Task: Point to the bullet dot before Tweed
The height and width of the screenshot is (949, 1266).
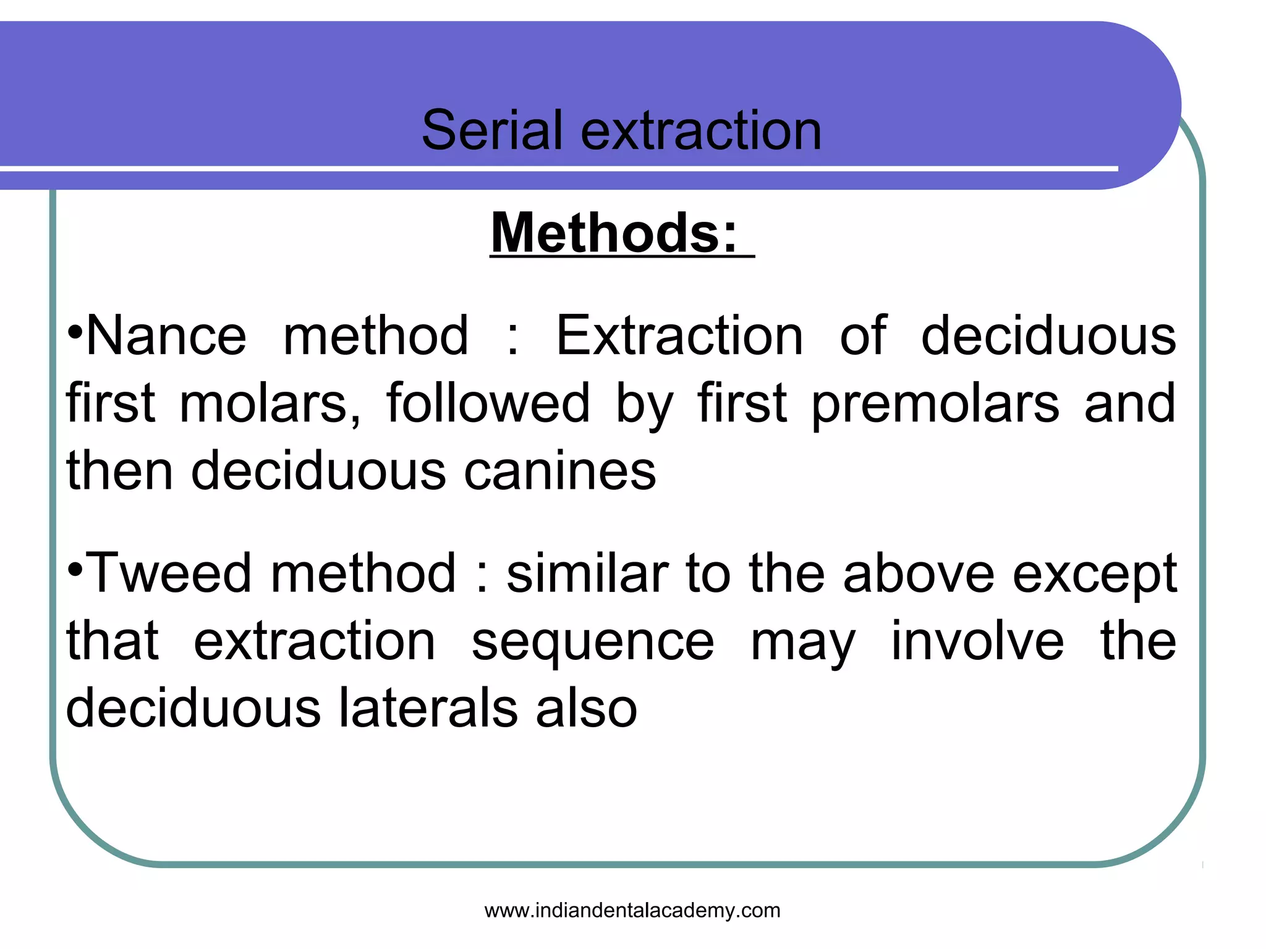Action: coord(74,570)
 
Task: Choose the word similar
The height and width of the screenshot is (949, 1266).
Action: coord(587,573)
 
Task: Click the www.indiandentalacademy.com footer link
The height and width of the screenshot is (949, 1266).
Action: coord(632,910)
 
